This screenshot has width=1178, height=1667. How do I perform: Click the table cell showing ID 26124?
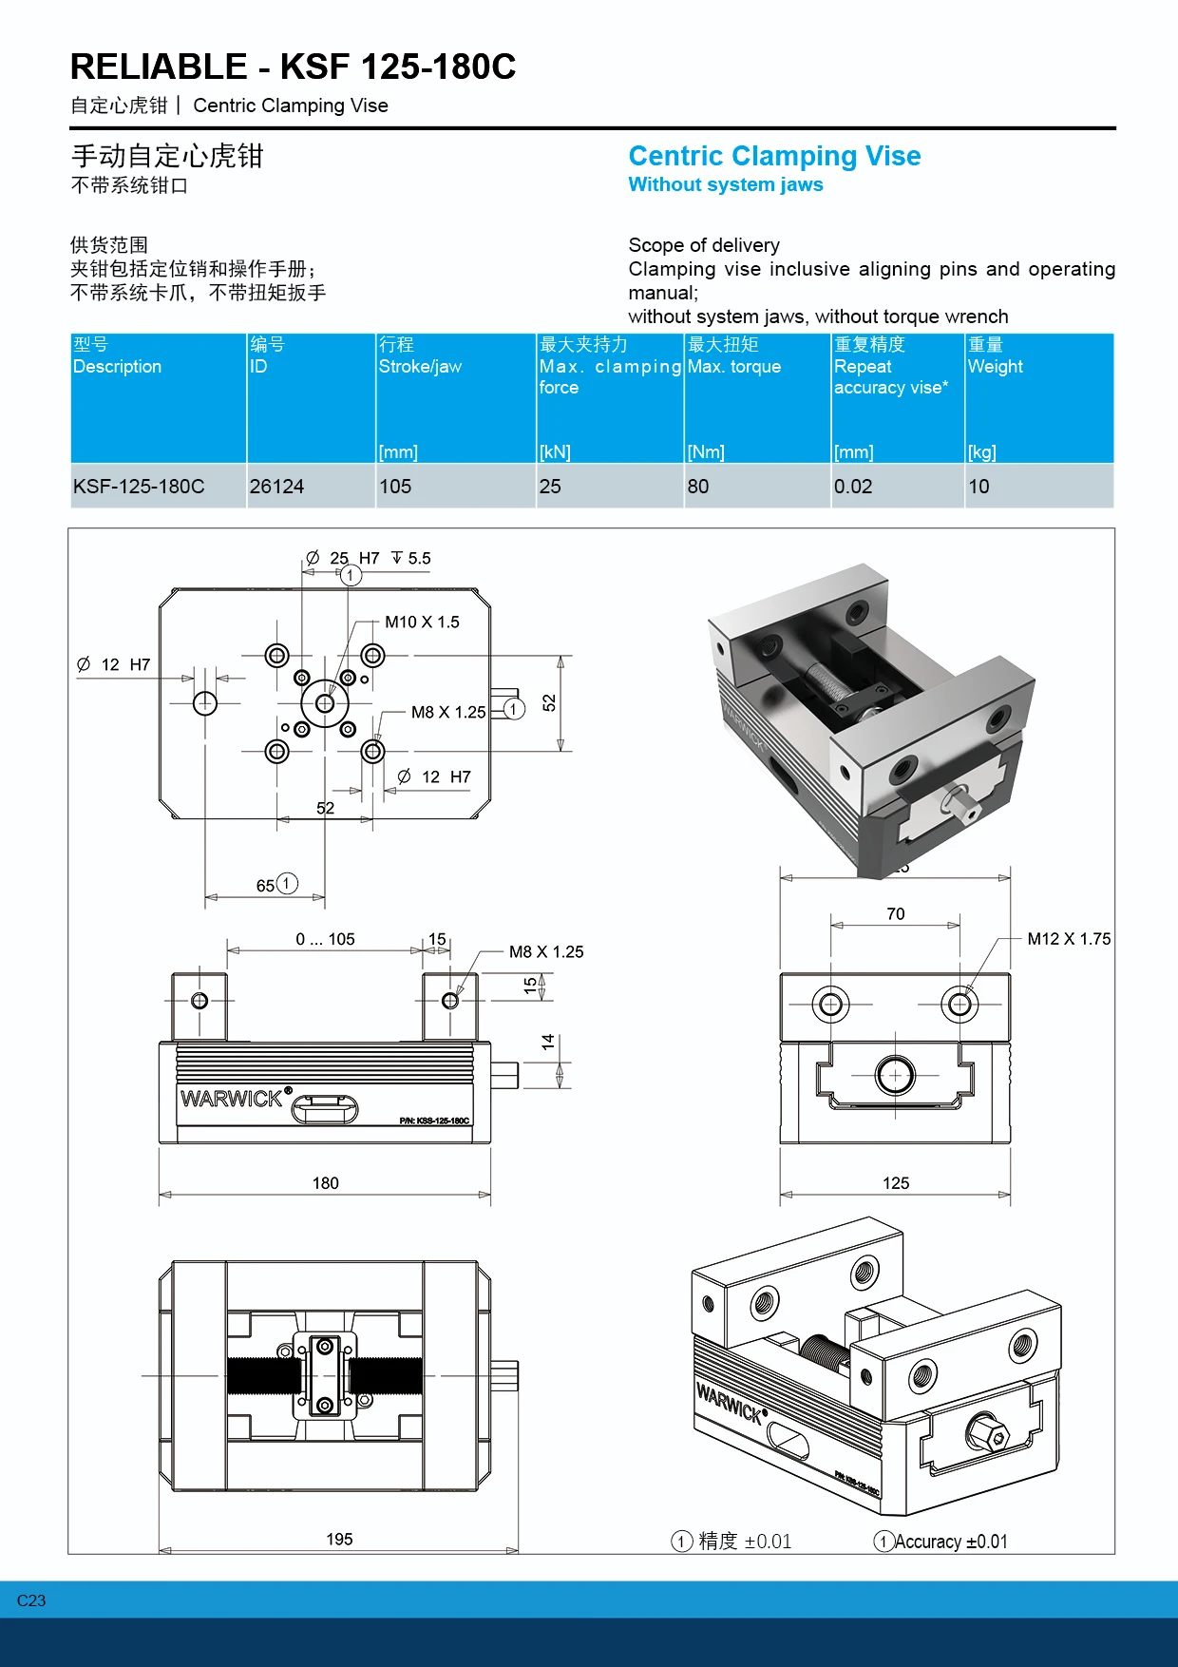[x=276, y=487]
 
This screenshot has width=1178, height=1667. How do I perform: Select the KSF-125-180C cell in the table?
[x=139, y=487]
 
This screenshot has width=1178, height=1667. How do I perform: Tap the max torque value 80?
[x=698, y=487]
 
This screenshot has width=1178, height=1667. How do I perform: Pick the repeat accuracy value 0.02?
[x=852, y=487]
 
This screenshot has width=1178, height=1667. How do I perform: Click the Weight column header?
[x=995, y=366]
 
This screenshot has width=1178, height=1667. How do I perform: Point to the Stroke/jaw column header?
[x=420, y=366]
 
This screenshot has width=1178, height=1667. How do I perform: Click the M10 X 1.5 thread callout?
[x=422, y=622]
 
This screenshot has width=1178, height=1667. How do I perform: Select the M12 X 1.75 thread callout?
[x=1069, y=939]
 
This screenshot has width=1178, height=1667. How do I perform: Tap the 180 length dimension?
[x=325, y=1183]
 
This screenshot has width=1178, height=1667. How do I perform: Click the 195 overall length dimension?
[x=339, y=1539]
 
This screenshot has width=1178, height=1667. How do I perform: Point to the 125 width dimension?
[x=895, y=1183]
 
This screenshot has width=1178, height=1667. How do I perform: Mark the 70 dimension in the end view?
[x=895, y=914]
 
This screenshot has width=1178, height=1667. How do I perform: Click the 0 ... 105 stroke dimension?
[x=325, y=939]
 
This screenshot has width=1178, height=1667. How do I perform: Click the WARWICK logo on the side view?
[x=232, y=1099]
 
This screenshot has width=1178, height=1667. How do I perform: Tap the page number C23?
[x=31, y=1600]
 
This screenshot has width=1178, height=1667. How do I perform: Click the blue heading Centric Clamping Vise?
[x=774, y=156]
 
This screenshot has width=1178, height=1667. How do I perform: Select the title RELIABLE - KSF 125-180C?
[x=293, y=67]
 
